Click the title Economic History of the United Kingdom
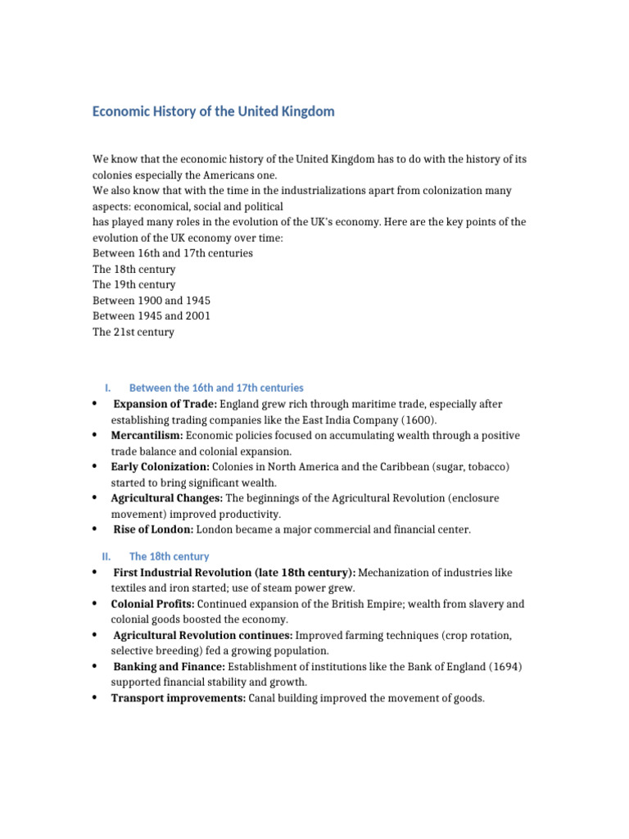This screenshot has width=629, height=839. pyautogui.click(x=213, y=111)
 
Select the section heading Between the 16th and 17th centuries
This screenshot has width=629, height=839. pyautogui.click(x=216, y=388)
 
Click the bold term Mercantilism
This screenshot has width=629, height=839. pyautogui.click(x=147, y=435)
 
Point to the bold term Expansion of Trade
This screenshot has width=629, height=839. pyautogui.click(x=165, y=404)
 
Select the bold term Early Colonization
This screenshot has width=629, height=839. pyautogui.click(x=161, y=466)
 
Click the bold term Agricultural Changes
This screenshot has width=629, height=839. pyautogui.click(x=166, y=498)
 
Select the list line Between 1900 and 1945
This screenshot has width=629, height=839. pyautogui.click(x=152, y=301)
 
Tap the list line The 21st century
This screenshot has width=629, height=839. pyautogui.click(x=133, y=332)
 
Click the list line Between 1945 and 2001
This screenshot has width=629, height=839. pyautogui.click(x=152, y=316)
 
